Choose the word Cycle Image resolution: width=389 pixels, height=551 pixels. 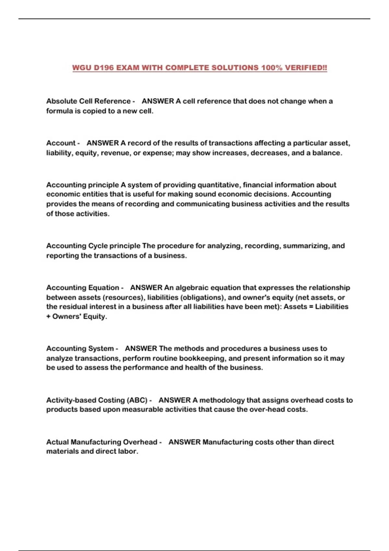click(98, 246)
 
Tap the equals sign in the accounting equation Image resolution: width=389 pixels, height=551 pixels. click(311, 307)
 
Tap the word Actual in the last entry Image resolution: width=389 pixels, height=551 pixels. click(57, 442)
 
